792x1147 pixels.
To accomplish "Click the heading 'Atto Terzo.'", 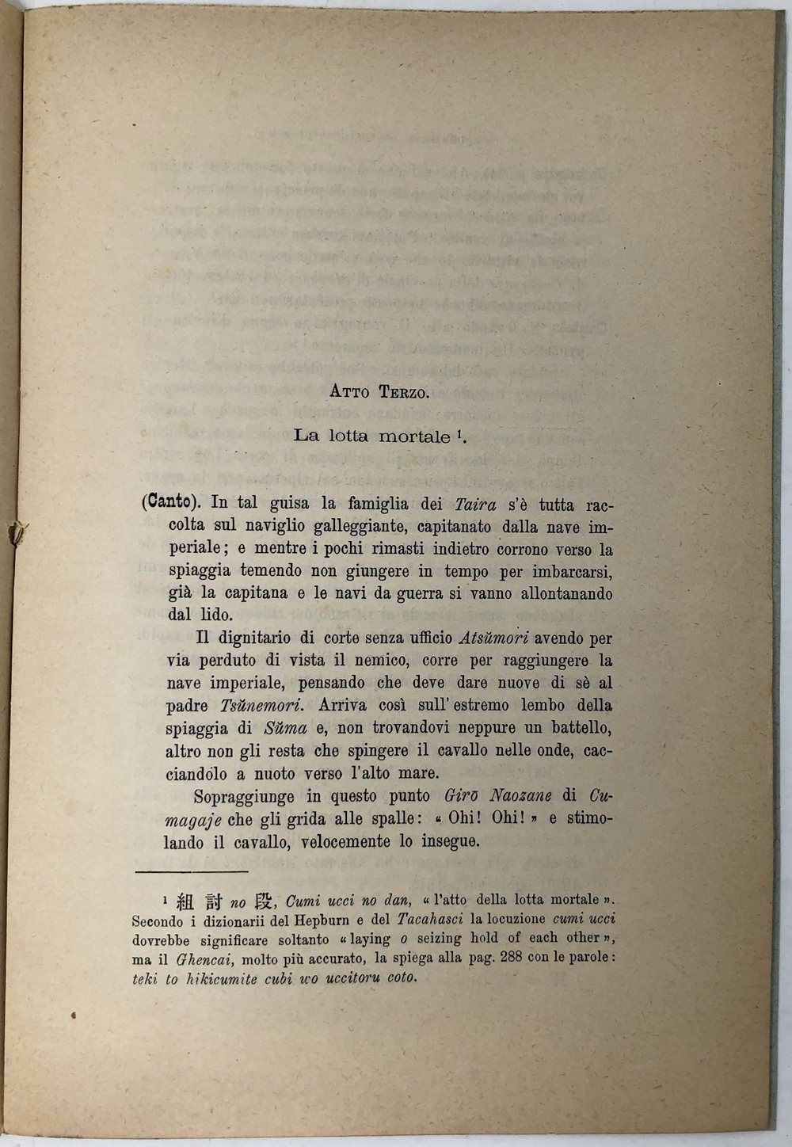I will click(x=379, y=392).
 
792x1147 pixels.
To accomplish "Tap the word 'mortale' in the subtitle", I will click(x=414, y=436).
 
